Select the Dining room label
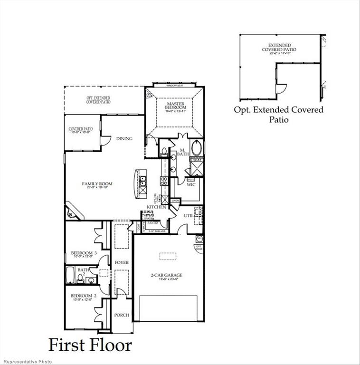124,139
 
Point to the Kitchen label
156,207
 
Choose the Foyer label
122,262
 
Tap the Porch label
122,315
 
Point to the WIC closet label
191,184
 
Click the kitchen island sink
142,180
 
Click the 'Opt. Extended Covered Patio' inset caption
278,115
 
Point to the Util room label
189,215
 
